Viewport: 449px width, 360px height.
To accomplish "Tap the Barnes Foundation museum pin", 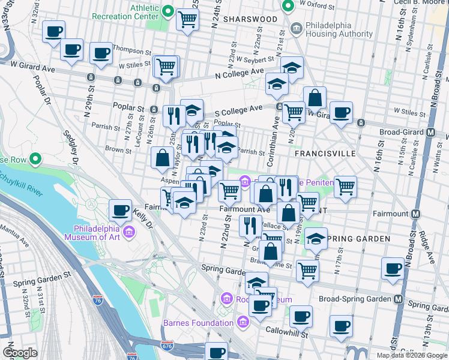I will click(243, 323).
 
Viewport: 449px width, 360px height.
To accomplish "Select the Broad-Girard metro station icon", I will click(430, 132).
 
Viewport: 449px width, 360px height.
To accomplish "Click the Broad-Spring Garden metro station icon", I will click(397, 298).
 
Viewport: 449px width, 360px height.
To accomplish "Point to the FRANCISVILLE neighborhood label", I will click(325, 154).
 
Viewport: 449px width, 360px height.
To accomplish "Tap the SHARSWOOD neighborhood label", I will click(250, 19).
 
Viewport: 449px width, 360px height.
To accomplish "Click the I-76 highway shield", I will click(97, 299).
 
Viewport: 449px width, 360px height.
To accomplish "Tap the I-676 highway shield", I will click(167, 346).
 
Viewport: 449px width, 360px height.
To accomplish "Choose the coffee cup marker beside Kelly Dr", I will click(121, 209).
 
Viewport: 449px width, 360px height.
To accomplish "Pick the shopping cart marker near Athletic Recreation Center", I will click(188, 19).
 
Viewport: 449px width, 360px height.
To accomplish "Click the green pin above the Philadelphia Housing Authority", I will click(288, 6).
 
